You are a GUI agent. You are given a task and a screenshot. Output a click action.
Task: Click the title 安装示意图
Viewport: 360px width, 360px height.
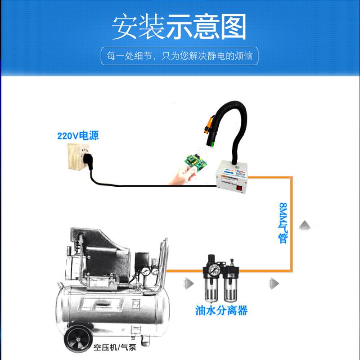point(180,27)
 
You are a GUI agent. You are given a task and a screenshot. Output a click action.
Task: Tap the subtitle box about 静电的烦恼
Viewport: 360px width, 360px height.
point(180,57)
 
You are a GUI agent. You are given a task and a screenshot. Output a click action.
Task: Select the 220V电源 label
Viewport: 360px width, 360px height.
point(77,135)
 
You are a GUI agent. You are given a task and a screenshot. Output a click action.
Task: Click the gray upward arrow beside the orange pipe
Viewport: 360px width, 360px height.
point(305,225)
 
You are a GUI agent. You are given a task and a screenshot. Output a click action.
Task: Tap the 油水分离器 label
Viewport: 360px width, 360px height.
point(222,310)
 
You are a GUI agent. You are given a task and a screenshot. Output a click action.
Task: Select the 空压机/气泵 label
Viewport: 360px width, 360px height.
point(114,347)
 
